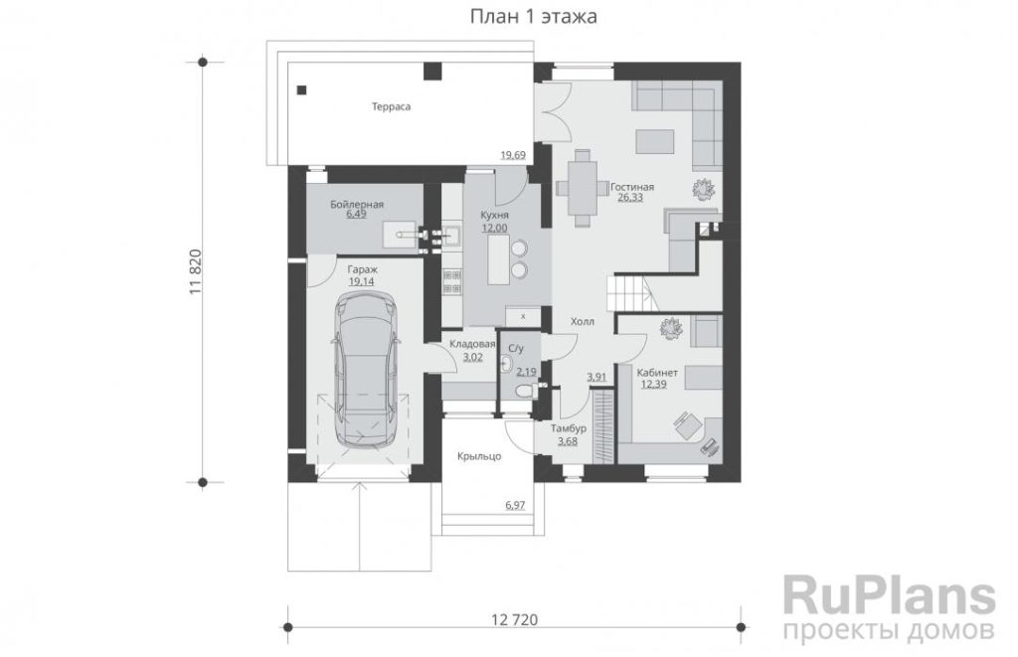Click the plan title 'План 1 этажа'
pos(533,17)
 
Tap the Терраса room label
pos(391,106)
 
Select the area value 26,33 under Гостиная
pos(630,198)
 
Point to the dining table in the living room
pos(583,187)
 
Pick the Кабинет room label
pos(657,373)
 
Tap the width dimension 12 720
pos(514,619)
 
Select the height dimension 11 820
pos(196,272)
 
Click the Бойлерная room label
pos(357,204)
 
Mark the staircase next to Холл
pos(629,292)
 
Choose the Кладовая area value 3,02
pos(472,357)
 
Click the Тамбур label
pos(568,428)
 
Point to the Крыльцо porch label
pos(479,456)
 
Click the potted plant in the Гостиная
pos(703,190)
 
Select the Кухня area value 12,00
pos(495,228)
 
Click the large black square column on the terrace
pos(432,71)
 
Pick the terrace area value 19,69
pos(512,155)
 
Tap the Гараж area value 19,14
pos(362,281)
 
